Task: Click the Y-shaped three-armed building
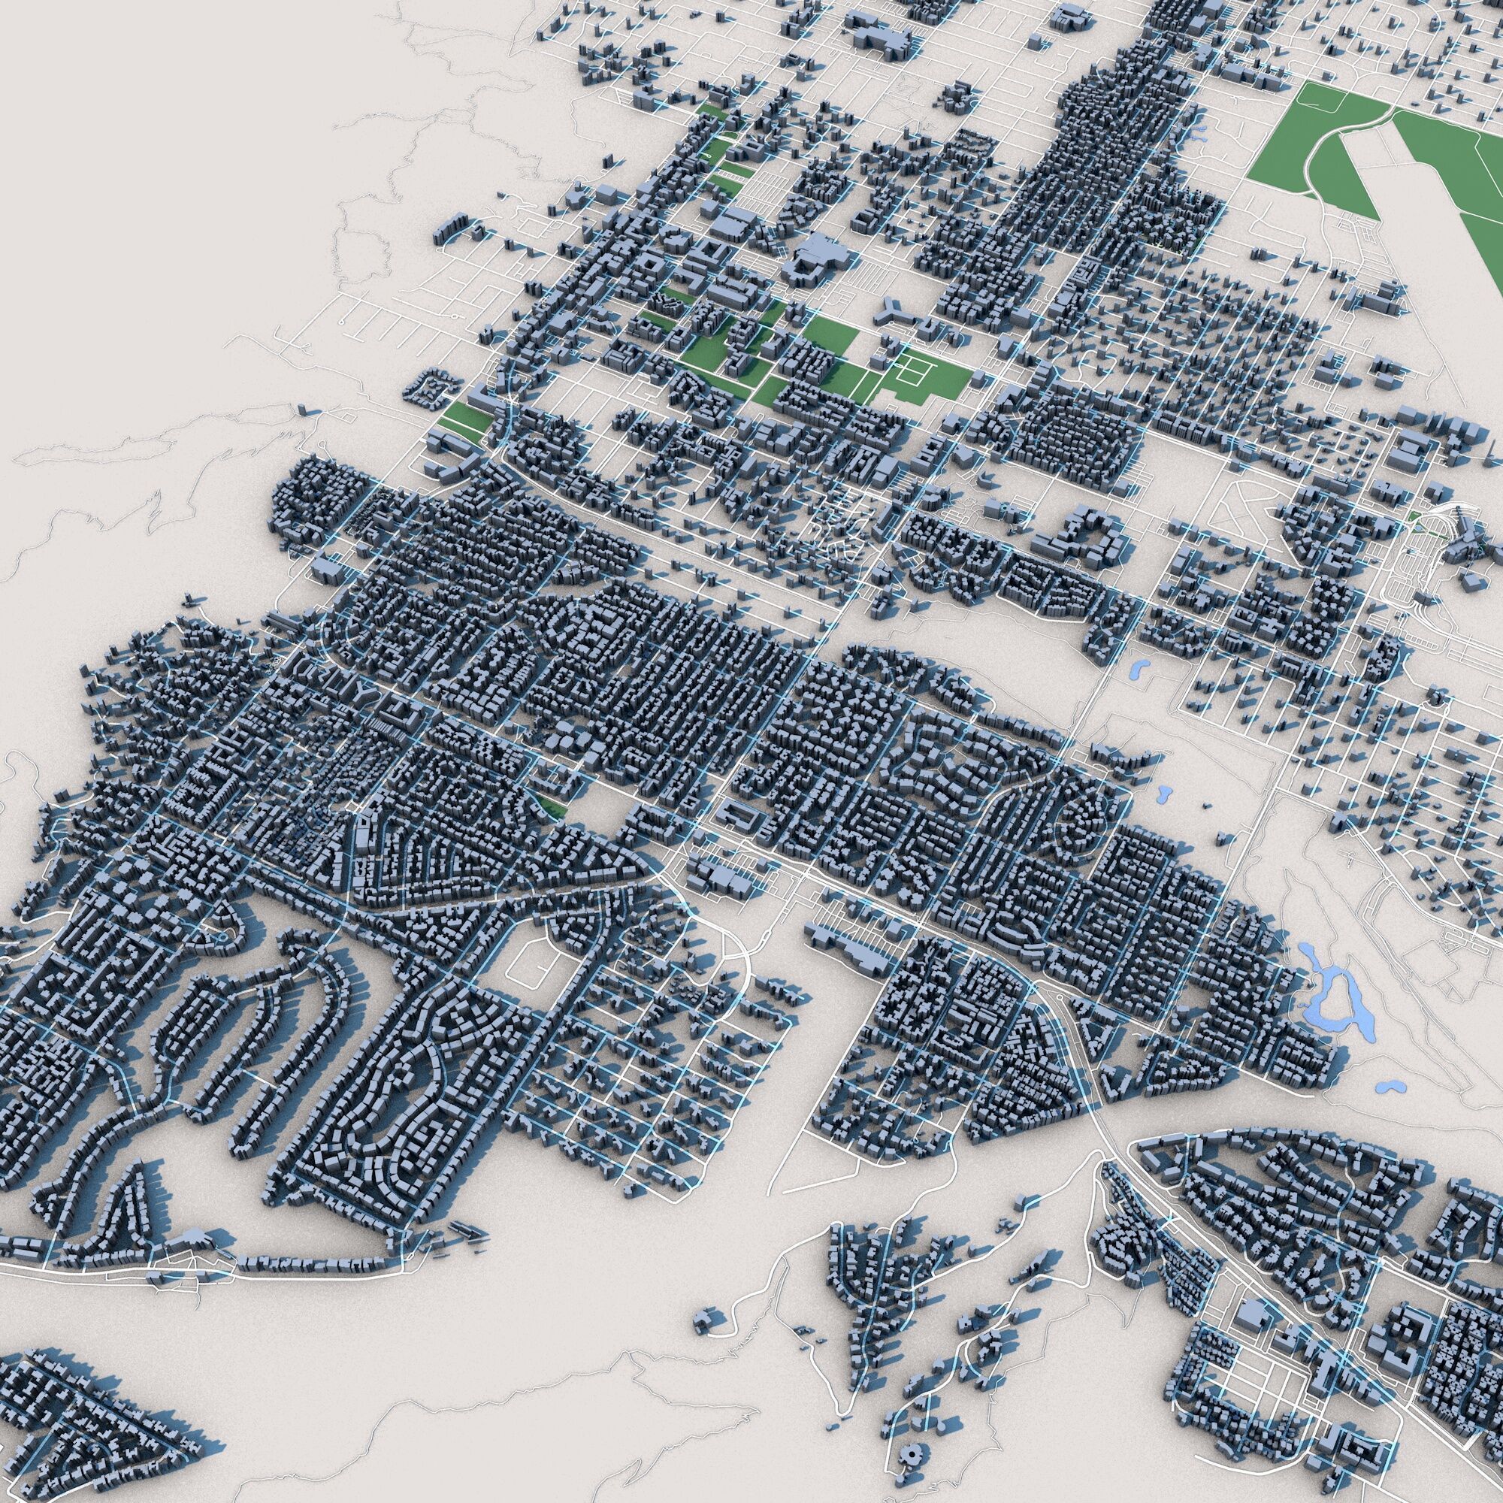pos(894,311)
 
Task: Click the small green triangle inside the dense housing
pos(551,805)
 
